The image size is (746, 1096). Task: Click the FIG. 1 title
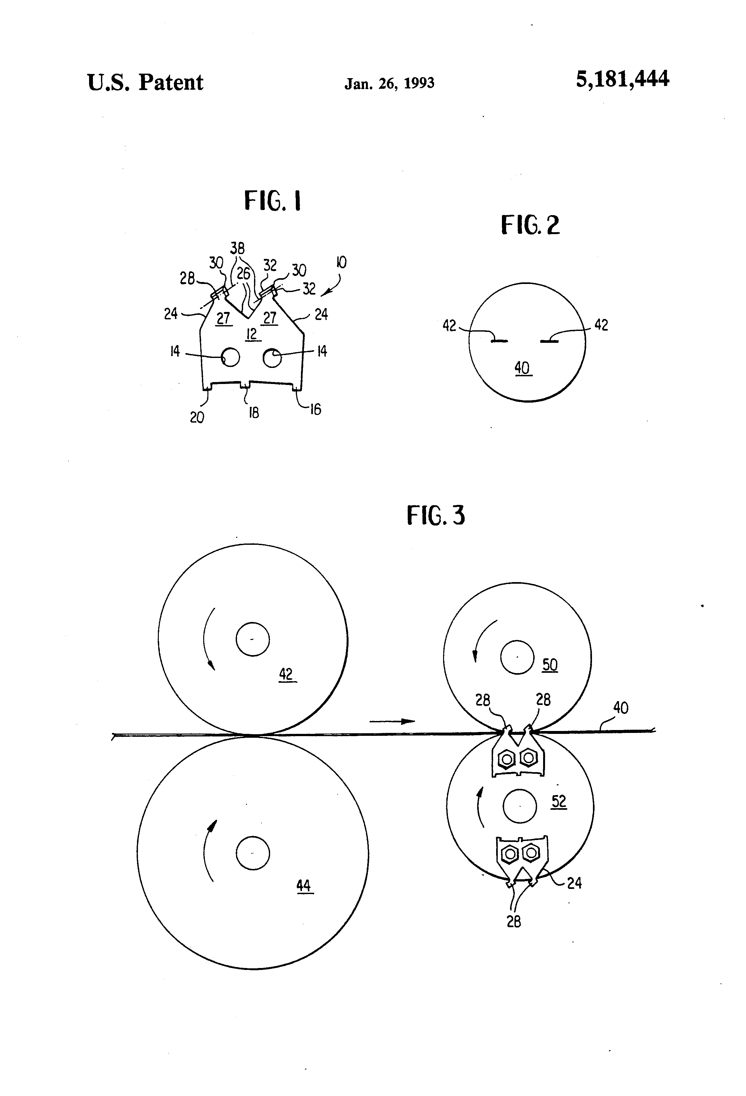(x=273, y=201)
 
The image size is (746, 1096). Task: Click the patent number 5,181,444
(x=622, y=79)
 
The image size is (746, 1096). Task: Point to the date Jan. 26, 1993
(x=389, y=84)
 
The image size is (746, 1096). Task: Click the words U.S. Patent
(x=145, y=83)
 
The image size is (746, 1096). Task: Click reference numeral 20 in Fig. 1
(x=197, y=417)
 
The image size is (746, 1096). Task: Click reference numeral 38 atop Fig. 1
(x=237, y=248)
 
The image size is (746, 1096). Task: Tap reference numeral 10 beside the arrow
(x=341, y=262)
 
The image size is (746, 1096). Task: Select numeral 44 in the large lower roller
(x=304, y=885)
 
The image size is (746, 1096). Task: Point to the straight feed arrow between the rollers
(x=392, y=721)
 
